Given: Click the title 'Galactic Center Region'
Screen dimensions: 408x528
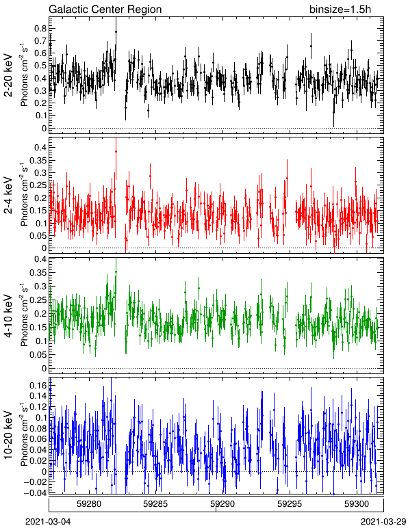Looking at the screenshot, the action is (105, 9).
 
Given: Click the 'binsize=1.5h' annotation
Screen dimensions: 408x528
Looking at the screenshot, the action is (340, 9).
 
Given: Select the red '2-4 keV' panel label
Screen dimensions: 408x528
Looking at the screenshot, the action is (8, 196).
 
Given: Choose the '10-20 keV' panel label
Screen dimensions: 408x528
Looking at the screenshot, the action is (8, 435).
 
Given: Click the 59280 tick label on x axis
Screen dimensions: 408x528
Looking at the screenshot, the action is (89, 504).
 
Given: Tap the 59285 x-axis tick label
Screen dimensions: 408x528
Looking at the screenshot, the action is (155, 504).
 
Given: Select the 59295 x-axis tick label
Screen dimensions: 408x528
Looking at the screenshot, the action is (290, 504).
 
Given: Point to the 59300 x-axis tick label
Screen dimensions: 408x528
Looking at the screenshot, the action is (357, 504).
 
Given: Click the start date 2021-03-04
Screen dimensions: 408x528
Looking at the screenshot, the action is (48, 522).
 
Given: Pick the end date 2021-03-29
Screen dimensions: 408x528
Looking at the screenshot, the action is (383, 522).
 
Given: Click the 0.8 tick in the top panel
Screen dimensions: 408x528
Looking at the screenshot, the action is (40, 29).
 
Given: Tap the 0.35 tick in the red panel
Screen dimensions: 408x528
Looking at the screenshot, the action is (38, 160).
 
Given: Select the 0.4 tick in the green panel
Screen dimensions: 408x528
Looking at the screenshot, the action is (40, 259).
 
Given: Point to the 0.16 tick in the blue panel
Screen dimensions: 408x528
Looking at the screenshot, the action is (38, 385).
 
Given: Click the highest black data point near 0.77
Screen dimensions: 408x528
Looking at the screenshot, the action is (116, 31).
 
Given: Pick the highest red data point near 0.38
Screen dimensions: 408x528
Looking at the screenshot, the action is (116, 152).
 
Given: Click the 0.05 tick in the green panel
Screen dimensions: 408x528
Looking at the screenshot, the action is (38, 354).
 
